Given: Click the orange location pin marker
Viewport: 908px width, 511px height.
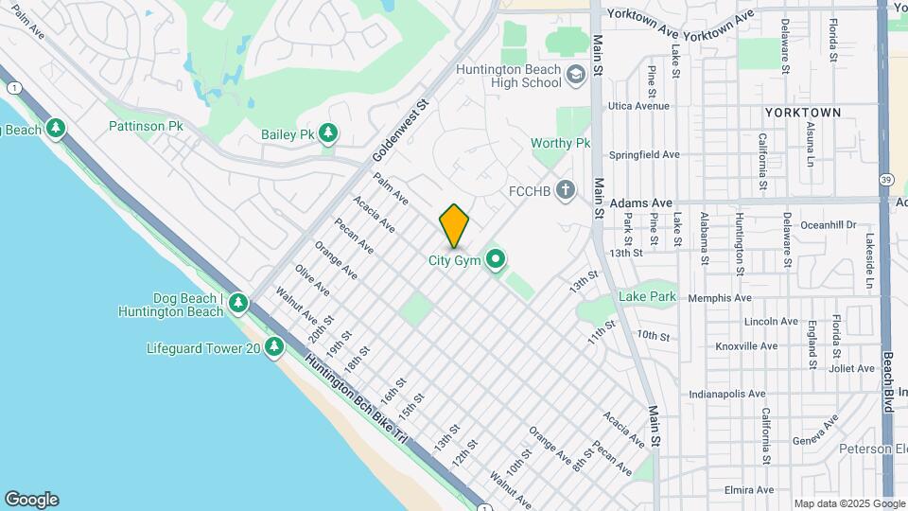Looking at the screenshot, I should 455,225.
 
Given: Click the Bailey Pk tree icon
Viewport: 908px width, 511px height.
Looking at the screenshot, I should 328,134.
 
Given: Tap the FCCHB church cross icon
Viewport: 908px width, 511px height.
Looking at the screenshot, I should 565,190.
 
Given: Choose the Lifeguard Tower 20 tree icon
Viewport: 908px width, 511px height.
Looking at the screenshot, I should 274,347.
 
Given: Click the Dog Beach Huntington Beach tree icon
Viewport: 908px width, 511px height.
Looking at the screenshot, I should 238,304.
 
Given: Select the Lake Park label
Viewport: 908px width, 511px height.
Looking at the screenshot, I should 647,296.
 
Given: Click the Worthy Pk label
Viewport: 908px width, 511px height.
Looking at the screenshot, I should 560,143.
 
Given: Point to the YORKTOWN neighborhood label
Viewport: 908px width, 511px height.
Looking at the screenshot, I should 802,113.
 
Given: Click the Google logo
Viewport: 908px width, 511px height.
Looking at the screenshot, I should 31,500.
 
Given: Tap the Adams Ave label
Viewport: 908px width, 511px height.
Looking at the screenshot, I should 640,203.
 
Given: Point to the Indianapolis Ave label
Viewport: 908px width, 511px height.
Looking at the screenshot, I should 728,394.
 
